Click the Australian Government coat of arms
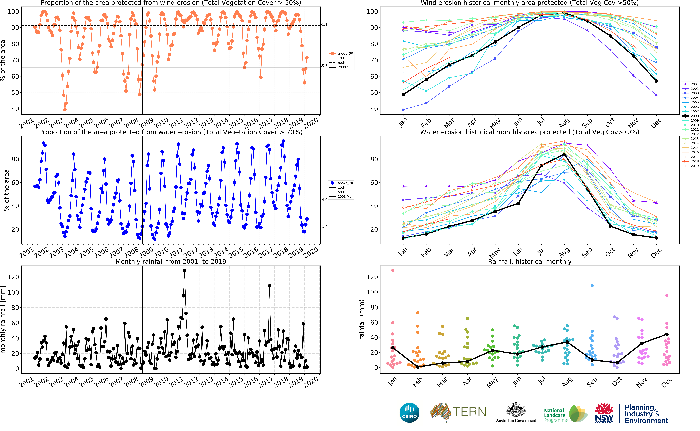pyautogui.click(x=516, y=410)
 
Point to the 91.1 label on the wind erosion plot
pyautogui.click(x=323, y=24)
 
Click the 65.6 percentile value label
pyautogui.click(x=323, y=66)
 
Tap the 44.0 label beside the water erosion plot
pyautogui.click(x=323, y=200)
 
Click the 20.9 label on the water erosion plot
pyautogui.click(x=323, y=227)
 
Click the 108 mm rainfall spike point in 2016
pyautogui.click(x=269, y=286)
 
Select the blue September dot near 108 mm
pyautogui.click(x=592, y=286)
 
